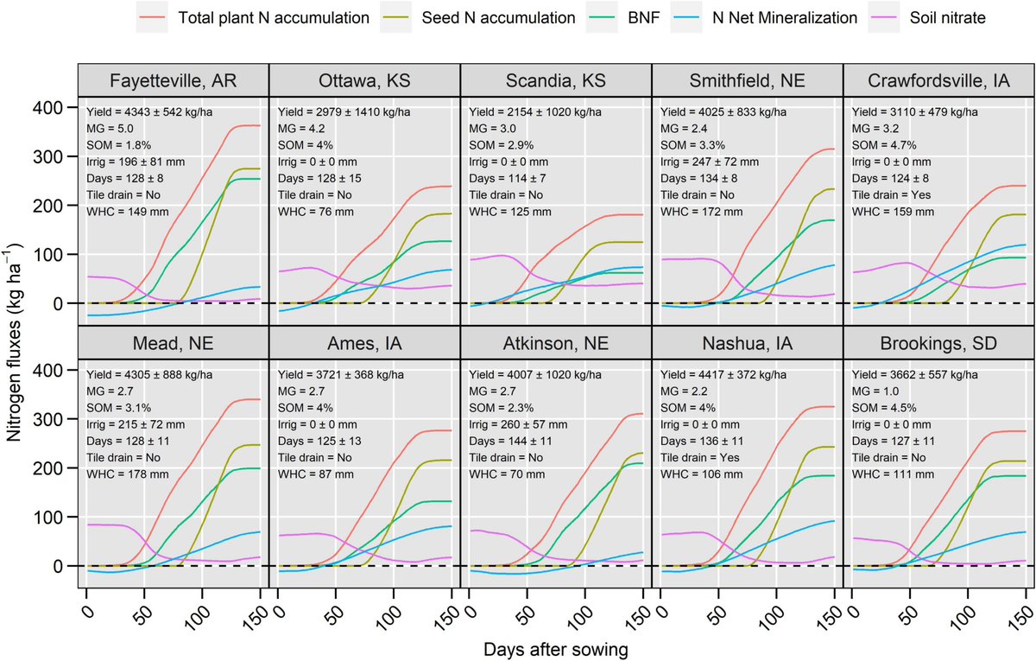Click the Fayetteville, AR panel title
[173, 81]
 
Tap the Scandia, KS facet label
[555, 81]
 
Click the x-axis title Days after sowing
[555, 648]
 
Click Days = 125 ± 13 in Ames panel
[329, 441]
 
